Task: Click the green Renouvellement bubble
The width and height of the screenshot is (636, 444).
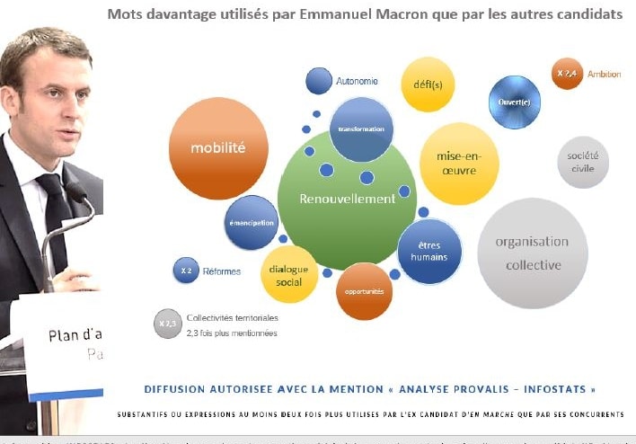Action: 347,199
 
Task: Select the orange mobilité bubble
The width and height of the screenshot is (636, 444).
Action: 217,147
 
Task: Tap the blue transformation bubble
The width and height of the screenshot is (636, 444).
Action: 361,129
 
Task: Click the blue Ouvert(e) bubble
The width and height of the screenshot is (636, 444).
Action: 515,102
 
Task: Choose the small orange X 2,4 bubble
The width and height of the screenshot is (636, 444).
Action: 567,74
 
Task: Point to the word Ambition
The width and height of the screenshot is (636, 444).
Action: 604,74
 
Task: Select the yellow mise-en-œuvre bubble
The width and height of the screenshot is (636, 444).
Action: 459,164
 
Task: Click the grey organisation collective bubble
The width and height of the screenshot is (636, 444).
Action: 533,253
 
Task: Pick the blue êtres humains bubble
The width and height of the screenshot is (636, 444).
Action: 428,252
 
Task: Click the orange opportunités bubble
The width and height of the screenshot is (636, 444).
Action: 364,292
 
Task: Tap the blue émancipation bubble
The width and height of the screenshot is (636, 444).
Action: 251,222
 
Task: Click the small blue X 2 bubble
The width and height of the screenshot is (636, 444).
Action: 185,270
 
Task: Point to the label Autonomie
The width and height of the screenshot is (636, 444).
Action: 357,81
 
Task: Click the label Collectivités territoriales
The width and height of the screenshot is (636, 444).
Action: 232,318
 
